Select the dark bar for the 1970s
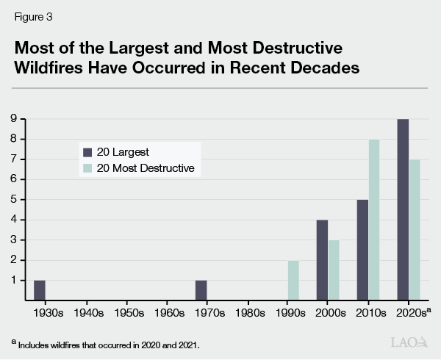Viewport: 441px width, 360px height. point(201,290)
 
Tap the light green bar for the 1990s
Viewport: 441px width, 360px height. point(293,280)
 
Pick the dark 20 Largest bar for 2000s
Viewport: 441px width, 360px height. point(321,260)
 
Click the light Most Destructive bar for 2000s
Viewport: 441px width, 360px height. point(332,270)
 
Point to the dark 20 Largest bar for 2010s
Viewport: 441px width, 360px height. point(362,250)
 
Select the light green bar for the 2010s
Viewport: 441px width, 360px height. point(373,220)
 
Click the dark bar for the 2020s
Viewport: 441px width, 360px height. point(402,209)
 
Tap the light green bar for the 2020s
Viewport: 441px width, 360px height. point(413,230)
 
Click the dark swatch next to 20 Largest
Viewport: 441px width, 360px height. point(87,152)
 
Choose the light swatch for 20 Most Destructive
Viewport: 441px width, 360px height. point(87,168)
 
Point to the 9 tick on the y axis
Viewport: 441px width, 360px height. point(13,119)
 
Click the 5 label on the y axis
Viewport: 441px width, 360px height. point(13,200)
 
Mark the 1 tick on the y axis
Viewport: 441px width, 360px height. point(13,280)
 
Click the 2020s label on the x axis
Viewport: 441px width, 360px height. point(410,313)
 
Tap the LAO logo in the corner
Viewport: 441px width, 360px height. point(409,343)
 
